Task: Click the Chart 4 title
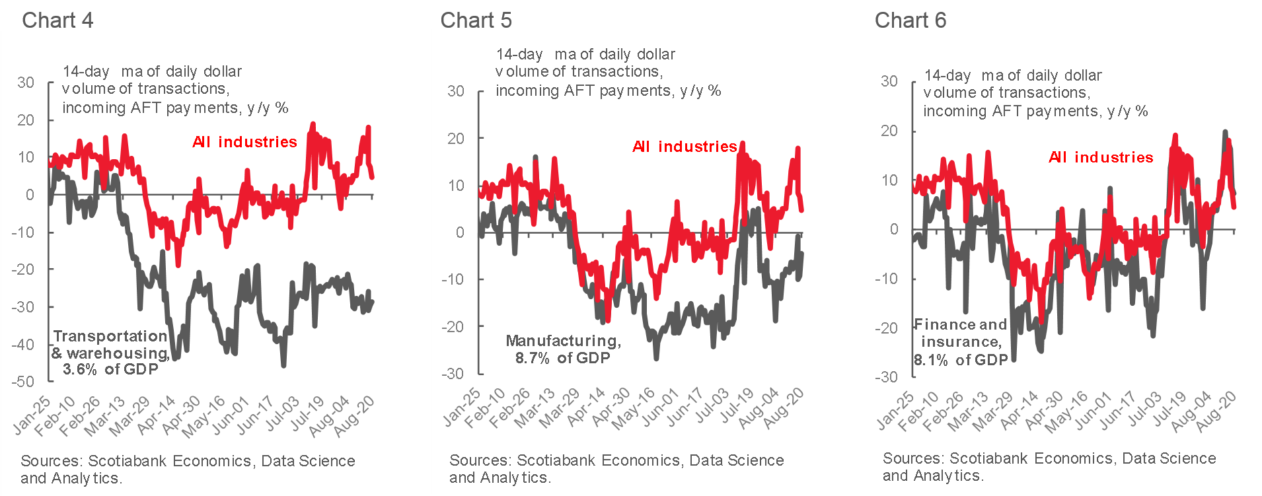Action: [57, 20]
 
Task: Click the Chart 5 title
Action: [476, 20]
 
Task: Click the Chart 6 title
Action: [910, 20]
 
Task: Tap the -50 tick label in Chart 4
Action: [23, 382]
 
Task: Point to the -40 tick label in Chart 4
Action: [23, 344]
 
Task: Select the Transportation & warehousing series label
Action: [110, 353]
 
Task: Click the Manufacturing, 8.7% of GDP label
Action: [563, 349]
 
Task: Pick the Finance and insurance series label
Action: [961, 342]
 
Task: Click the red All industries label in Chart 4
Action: [244, 142]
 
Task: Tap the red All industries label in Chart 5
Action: [685, 147]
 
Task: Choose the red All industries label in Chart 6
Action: [1101, 157]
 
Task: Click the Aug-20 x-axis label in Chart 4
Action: [355, 416]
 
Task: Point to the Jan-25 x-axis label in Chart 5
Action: [462, 407]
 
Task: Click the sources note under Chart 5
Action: [616, 468]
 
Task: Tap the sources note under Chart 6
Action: [1049, 466]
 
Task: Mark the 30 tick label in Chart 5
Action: [456, 91]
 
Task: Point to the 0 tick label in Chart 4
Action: [30, 195]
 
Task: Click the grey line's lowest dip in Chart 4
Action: [284, 365]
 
